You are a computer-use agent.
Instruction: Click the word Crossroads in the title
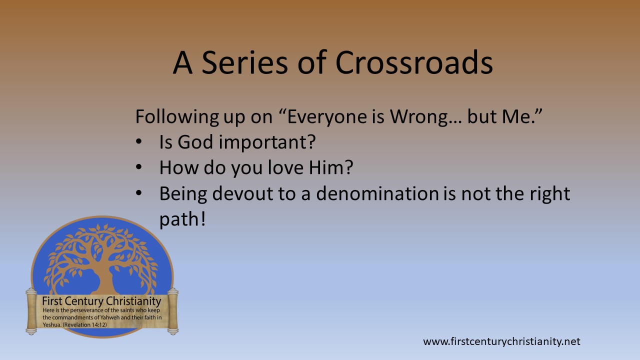(413, 63)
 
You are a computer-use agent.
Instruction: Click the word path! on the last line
(182, 219)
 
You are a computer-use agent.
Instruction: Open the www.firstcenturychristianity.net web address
(501, 342)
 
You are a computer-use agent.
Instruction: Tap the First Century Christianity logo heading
(101, 301)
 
